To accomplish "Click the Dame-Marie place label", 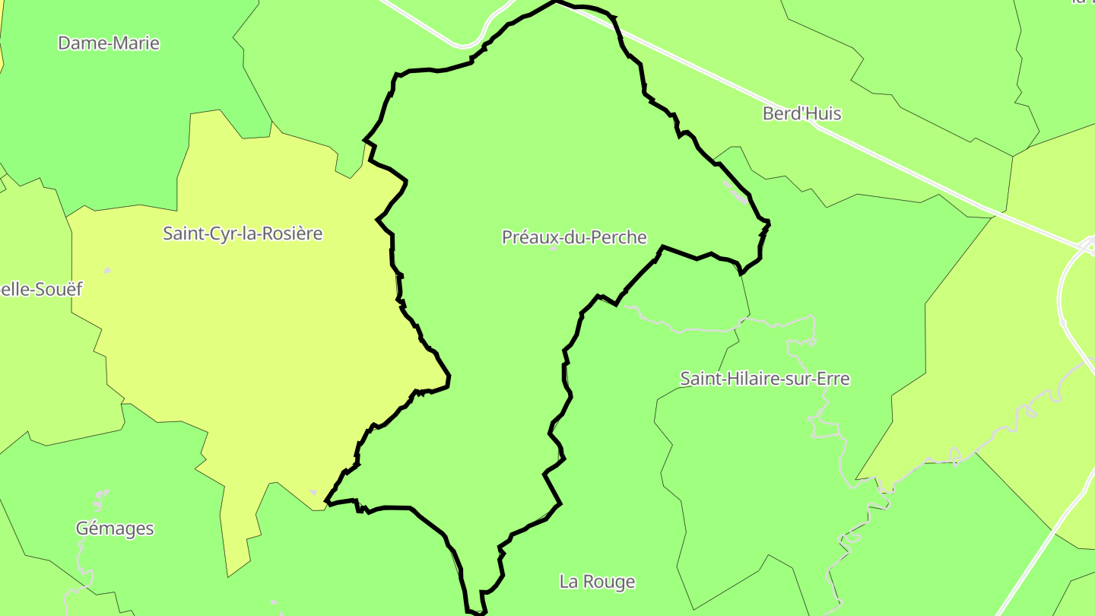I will (x=109, y=43).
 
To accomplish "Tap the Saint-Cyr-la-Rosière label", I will (x=243, y=233).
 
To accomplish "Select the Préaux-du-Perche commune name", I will (x=574, y=237).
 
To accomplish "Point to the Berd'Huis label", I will (x=801, y=113).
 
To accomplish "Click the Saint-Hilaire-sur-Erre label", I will (x=764, y=378).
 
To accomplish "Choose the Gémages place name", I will (x=115, y=529).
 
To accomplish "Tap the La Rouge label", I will (x=597, y=582).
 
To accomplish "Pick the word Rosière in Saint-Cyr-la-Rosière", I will (x=292, y=233).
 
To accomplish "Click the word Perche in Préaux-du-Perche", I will (x=622, y=237).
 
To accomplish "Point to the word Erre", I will (x=833, y=378).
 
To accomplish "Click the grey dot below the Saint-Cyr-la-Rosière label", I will (x=107, y=271).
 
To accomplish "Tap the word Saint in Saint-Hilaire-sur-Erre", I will (x=699, y=378).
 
